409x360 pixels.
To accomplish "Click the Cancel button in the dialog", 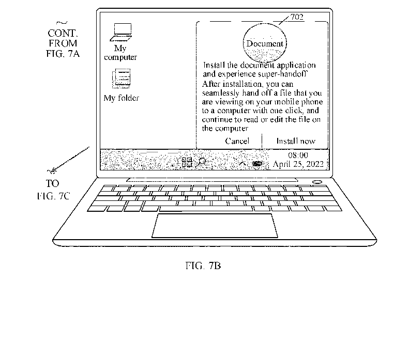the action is coord(237,141).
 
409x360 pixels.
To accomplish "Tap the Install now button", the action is coord(296,141).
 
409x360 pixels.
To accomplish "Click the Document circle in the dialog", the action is coord(265,43).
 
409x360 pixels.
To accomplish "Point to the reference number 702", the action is coord(297,17).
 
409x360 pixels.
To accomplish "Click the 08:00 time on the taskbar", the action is coord(298,155).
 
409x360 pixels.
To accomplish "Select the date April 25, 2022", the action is coord(298,164).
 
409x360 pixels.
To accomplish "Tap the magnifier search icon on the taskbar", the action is coord(202,162).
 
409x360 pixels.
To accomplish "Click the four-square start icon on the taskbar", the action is coord(187,162).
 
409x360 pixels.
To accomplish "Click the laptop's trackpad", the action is coord(215,226).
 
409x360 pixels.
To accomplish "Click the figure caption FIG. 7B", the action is coord(203,265).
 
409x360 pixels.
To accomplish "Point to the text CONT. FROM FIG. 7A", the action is coord(63,43).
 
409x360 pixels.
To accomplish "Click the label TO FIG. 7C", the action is coord(53,190).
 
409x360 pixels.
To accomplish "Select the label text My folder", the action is coord(122,98).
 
